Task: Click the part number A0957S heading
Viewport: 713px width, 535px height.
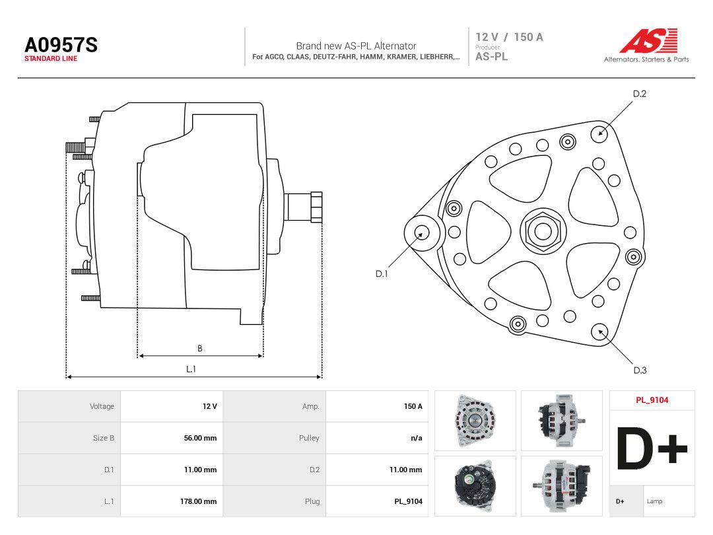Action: [x=61, y=45]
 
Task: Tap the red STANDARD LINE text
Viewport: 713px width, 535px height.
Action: [x=51, y=59]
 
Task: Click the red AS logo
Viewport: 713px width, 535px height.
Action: [x=648, y=40]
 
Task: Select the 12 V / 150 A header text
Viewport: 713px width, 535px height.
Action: [x=509, y=37]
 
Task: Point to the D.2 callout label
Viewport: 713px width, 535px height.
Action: [x=639, y=94]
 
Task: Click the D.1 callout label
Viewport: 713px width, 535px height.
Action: [x=382, y=274]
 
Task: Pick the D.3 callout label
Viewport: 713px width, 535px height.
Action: [x=640, y=371]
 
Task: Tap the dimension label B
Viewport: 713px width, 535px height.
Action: [x=199, y=349]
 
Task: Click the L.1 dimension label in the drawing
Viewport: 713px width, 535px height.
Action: [x=191, y=369]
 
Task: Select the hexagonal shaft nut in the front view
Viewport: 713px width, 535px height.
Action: [x=543, y=231]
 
